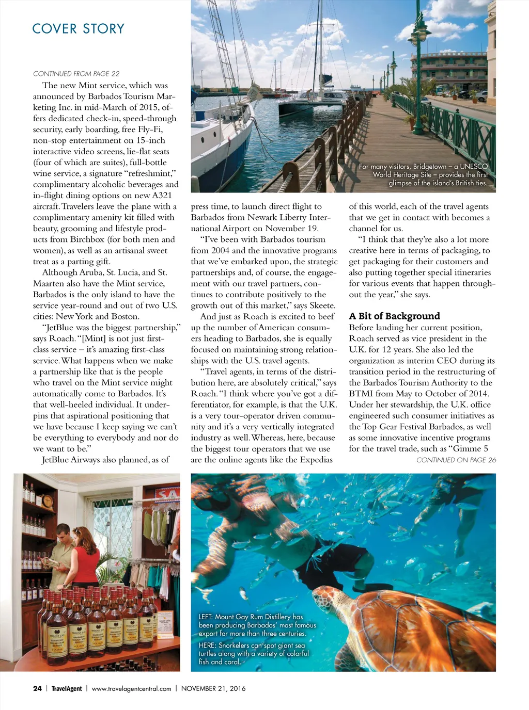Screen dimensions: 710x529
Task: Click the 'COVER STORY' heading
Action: [78, 28]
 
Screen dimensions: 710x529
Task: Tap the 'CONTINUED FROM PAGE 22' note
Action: [76, 74]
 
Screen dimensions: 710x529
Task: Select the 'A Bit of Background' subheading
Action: [394, 316]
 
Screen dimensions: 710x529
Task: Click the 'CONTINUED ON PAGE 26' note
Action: [456, 460]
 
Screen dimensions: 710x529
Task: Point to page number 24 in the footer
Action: [37, 688]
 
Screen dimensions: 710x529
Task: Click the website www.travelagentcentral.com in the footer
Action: [131, 688]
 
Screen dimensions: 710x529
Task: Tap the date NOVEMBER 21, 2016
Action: [213, 688]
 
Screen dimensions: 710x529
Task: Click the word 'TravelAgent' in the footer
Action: [67, 688]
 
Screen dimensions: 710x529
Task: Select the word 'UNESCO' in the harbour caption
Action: [474, 166]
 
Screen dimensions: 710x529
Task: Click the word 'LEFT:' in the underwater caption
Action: [206, 617]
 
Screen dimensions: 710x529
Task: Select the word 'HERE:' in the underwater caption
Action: [207, 646]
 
